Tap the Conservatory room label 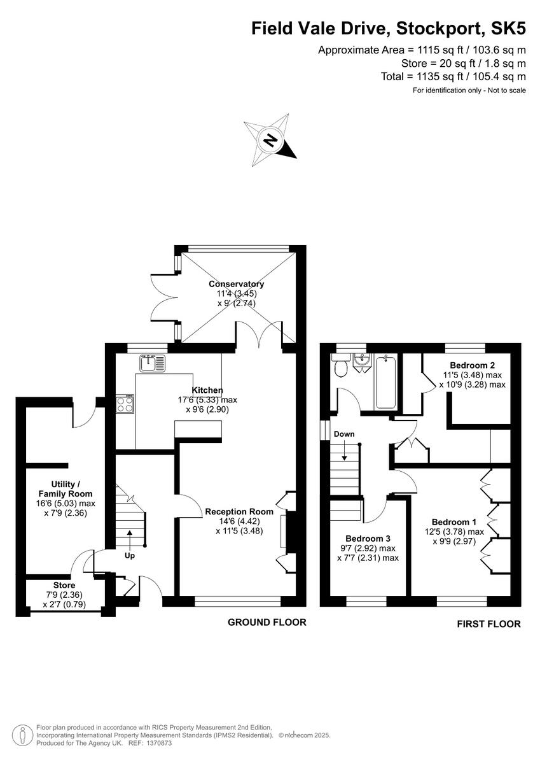pyautogui.click(x=237, y=284)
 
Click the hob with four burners pyautogui.click(x=125, y=405)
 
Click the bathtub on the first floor pyautogui.click(x=386, y=382)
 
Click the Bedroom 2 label pyautogui.click(x=472, y=365)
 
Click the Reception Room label pyautogui.click(x=239, y=511)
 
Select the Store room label pyautogui.click(x=64, y=585)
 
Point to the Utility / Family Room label pyautogui.click(x=66, y=488)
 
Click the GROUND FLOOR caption pyautogui.click(x=267, y=623)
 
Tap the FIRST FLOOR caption pyautogui.click(x=488, y=624)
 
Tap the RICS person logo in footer pyautogui.click(x=22, y=734)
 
